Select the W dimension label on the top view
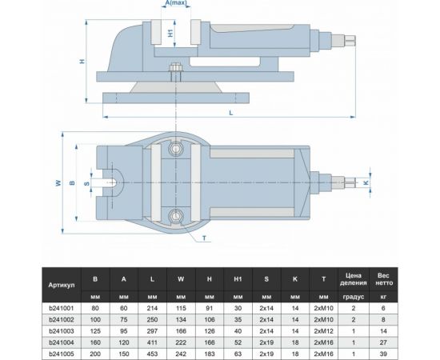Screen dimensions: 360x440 58,183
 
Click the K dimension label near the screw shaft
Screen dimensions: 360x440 366,183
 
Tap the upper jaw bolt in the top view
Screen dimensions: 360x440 176,149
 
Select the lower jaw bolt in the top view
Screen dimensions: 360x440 176,214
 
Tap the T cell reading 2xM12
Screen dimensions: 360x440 323,330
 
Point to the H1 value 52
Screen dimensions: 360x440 238,341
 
